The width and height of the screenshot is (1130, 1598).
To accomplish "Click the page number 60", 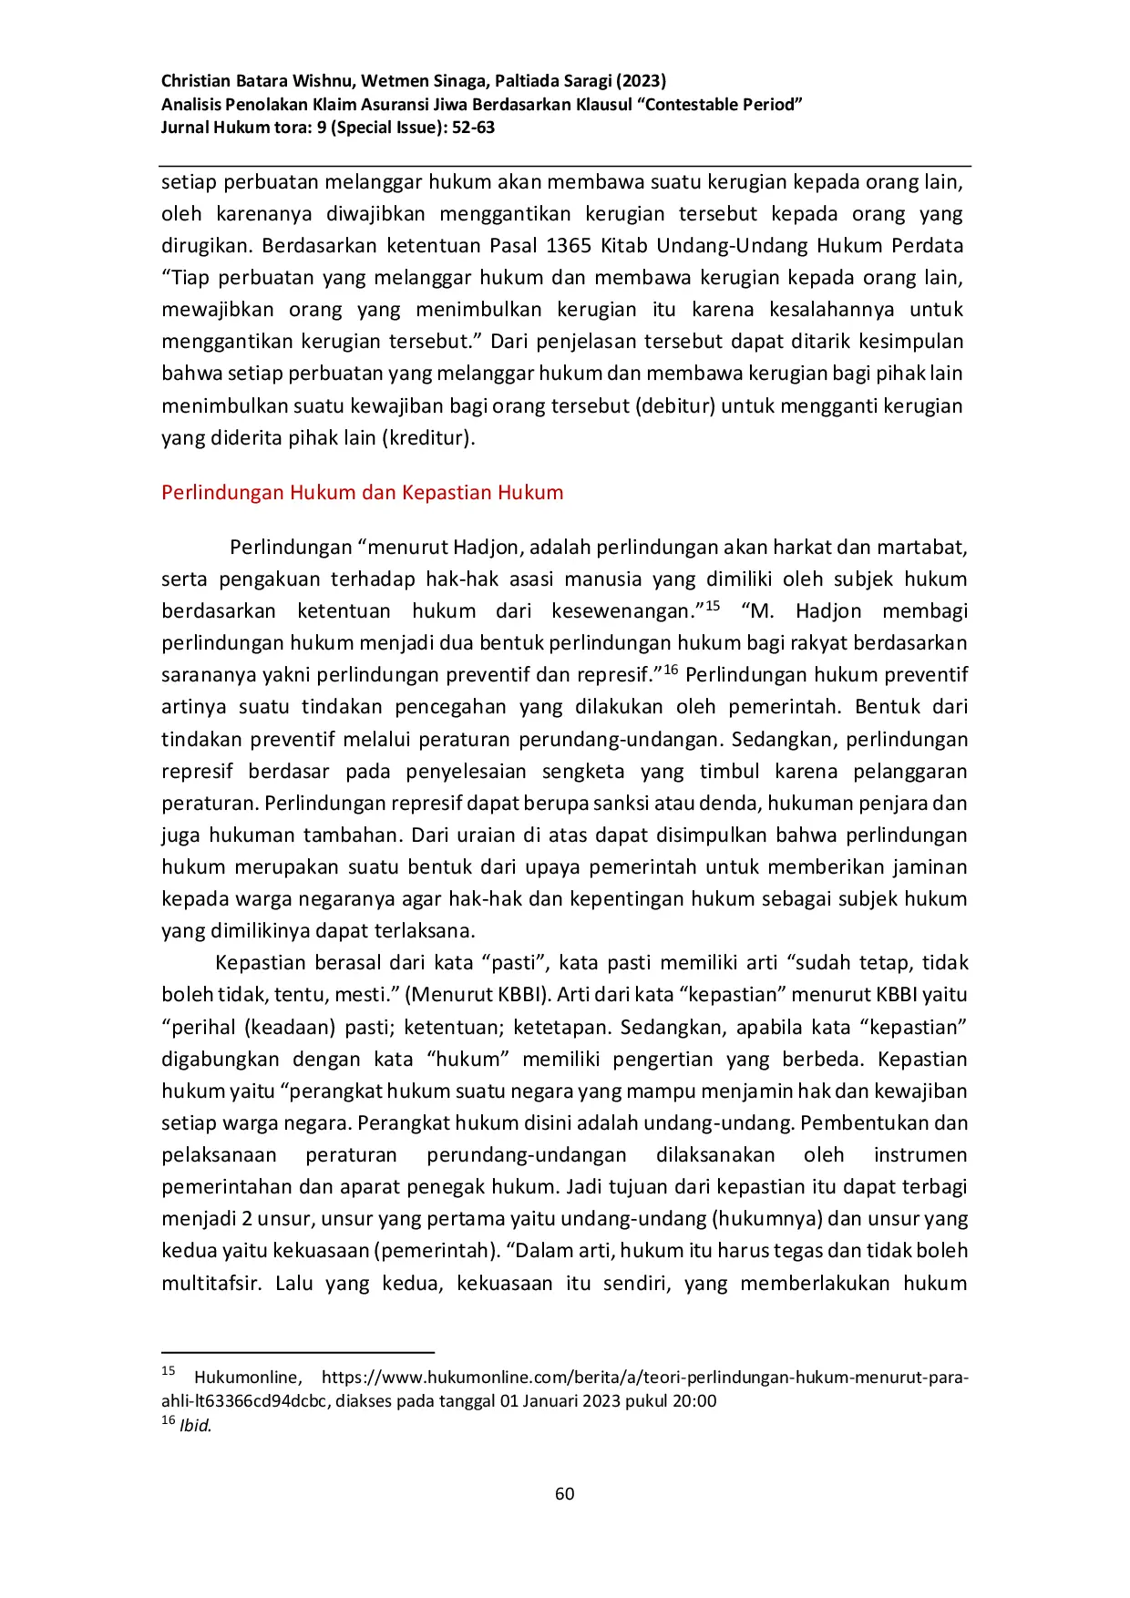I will (x=564, y=1493).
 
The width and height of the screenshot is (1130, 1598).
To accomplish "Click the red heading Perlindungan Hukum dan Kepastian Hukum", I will (x=362, y=493).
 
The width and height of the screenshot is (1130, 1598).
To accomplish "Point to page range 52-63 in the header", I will (x=473, y=128).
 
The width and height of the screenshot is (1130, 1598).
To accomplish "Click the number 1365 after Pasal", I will (x=568, y=246).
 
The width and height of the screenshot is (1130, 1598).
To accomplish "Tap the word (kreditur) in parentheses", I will (x=428, y=438).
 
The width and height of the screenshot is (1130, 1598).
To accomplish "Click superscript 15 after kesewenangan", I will (x=713, y=606).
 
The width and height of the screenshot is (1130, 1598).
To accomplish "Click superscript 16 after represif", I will (x=671, y=670).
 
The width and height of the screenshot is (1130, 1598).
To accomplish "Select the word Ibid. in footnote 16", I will (x=196, y=1426).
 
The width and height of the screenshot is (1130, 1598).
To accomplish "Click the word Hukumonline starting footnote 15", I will (x=247, y=1378).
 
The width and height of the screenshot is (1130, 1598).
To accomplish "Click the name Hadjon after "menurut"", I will (x=488, y=548).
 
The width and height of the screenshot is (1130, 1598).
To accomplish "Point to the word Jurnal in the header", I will (x=185, y=128).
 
